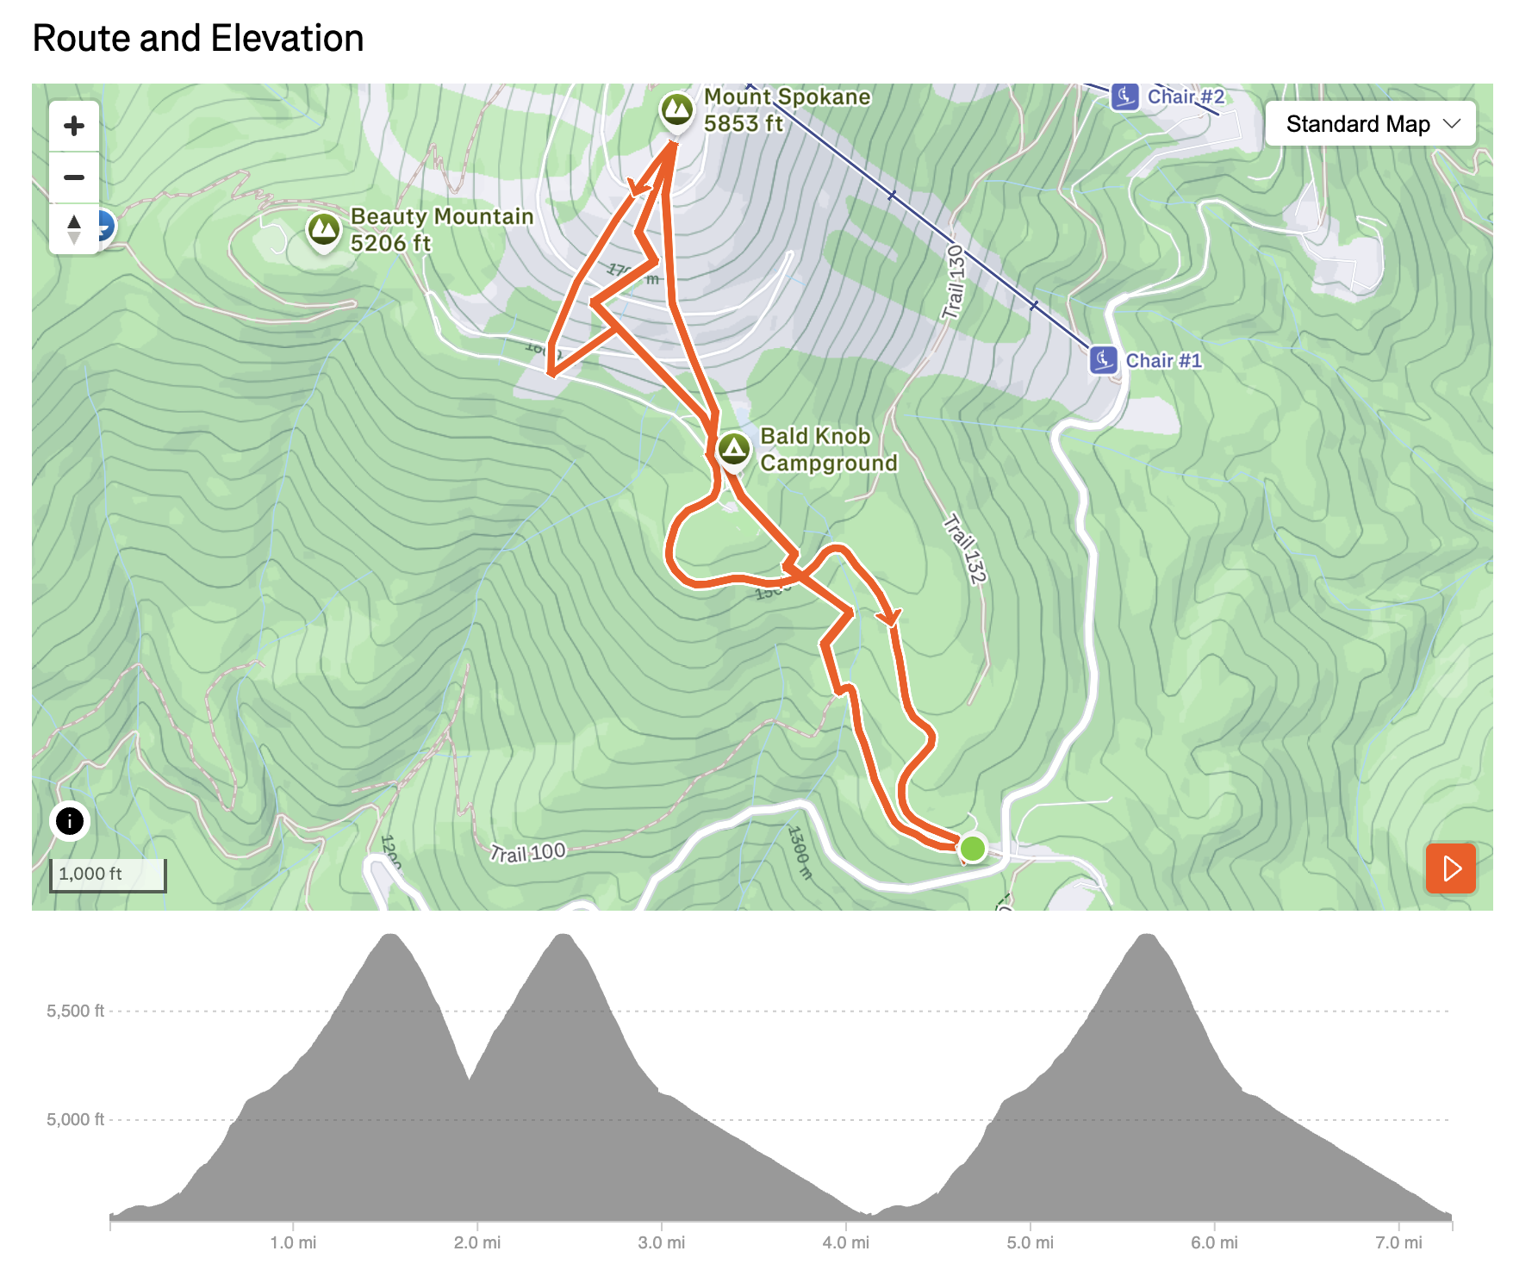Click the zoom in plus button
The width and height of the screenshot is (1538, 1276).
click(x=74, y=127)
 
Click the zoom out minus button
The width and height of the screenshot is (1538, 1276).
click(x=74, y=177)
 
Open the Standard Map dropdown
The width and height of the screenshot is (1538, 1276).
click(x=1370, y=124)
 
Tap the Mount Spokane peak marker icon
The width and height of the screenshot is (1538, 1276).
click(x=677, y=109)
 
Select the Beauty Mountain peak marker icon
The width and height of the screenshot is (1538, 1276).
click(x=324, y=229)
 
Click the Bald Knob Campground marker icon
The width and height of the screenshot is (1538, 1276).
click(x=734, y=448)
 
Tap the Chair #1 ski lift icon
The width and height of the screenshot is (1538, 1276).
click(x=1104, y=359)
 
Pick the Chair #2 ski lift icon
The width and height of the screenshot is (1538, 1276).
click(x=1125, y=96)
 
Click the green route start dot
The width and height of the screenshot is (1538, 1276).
click(x=973, y=849)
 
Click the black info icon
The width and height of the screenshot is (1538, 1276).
click(x=70, y=821)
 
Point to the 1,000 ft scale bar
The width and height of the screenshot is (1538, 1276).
click(x=108, y=875)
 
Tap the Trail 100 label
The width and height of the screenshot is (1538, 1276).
click(x=527, y=853)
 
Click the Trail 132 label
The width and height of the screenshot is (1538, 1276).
click(x=965, y=549)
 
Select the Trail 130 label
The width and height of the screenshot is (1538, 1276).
click(x=953, y=282)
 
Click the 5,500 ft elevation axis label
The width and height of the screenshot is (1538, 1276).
click(x=75, y=1011)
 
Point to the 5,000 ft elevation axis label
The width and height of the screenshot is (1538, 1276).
click(x=75, y=1119)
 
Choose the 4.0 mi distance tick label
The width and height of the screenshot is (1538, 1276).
click(x=845, y=1242)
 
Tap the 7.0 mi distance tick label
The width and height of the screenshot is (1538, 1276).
click(x=1398, y=1242)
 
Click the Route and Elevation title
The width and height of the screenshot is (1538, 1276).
click(x=198, y=39)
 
